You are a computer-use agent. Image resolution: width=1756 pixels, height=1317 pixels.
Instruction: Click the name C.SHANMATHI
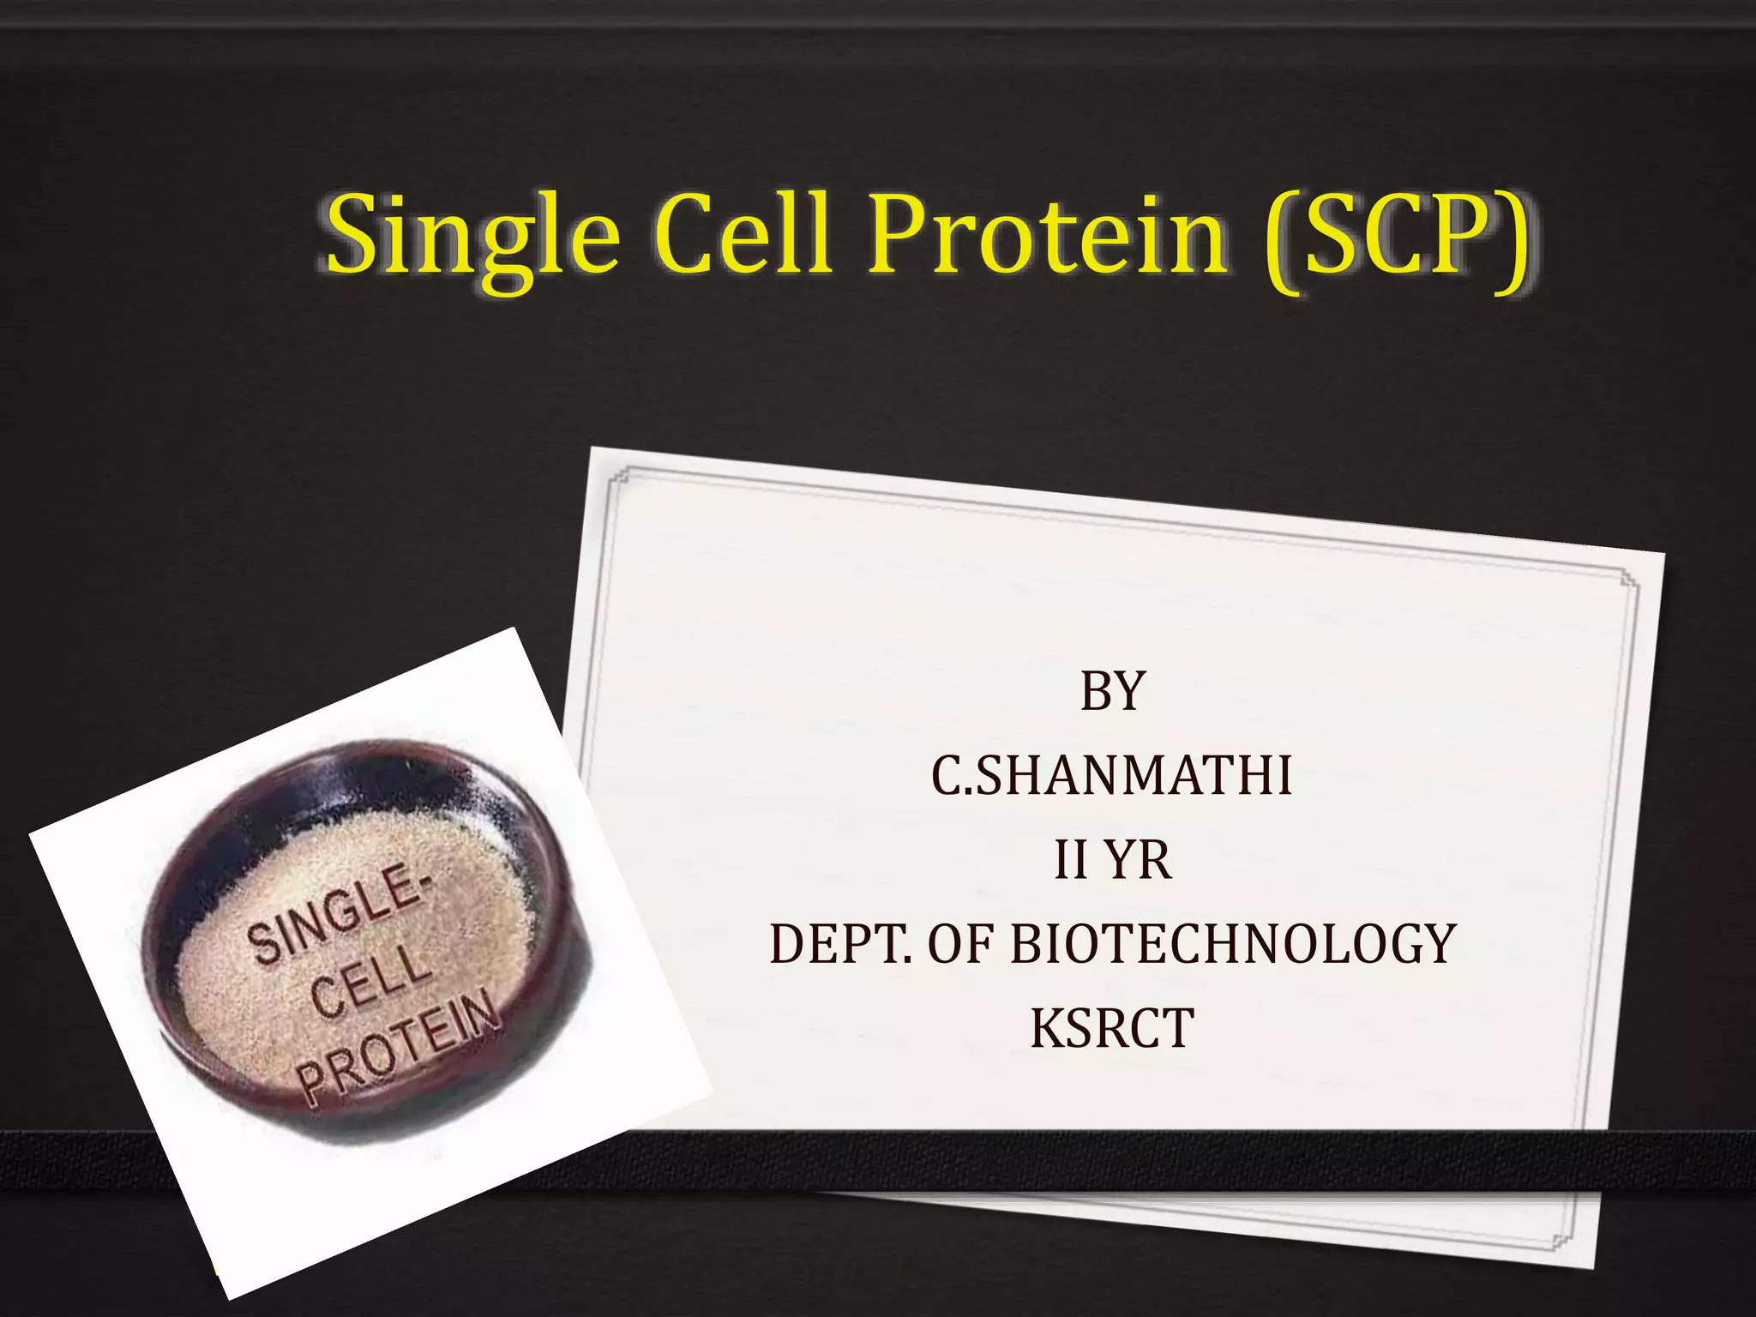(x=1112, y=775)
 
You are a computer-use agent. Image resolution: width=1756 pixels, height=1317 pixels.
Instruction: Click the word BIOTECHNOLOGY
(x=1233, y=944)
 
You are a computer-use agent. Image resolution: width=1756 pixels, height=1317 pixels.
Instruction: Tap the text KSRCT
(x=1112, y=1028)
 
